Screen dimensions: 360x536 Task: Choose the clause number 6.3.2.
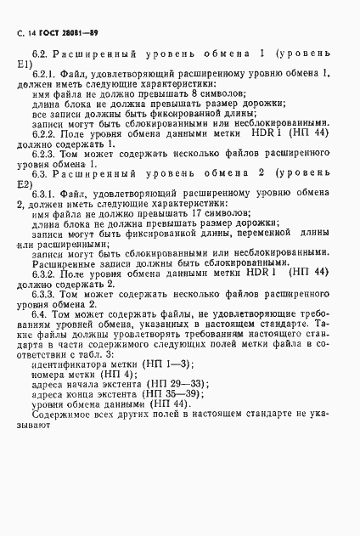[x=45, y=272]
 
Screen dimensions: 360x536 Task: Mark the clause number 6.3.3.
[x=45, y=294]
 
